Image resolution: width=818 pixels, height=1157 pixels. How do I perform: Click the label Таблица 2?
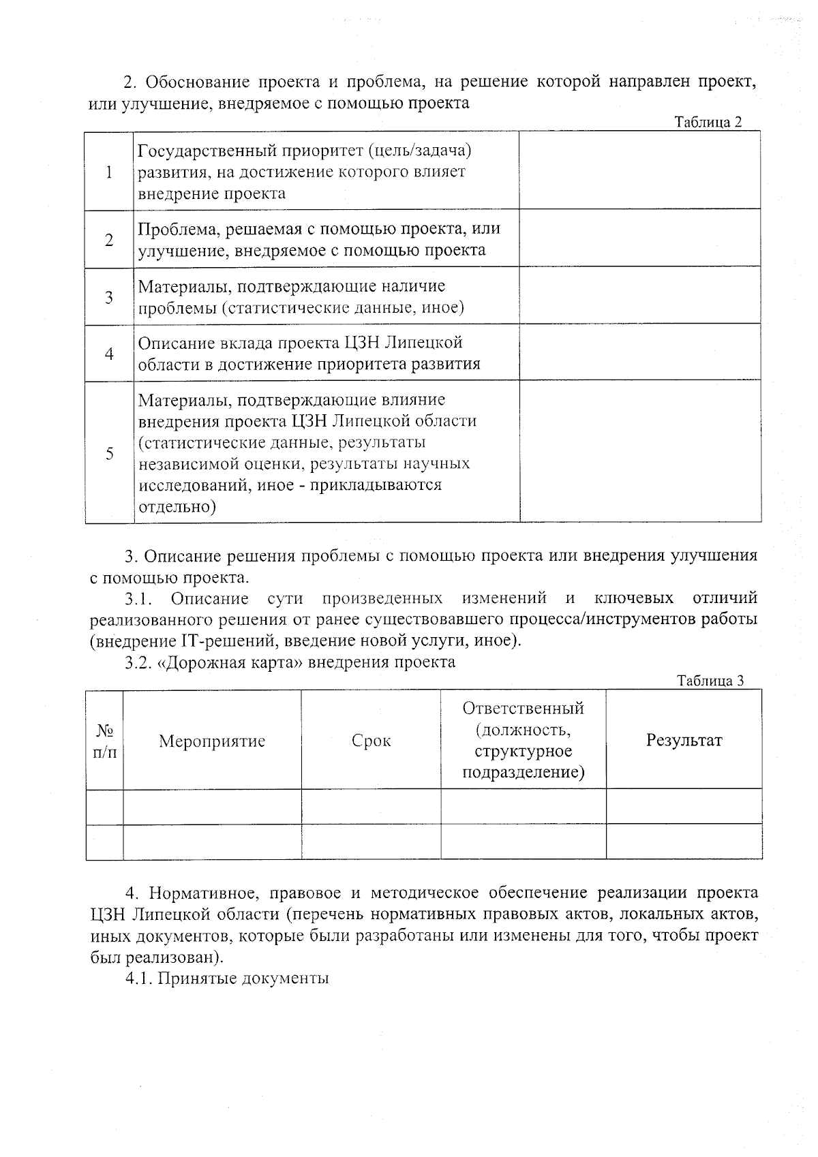coord(708,123)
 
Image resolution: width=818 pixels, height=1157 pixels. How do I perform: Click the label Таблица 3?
coord(709,681)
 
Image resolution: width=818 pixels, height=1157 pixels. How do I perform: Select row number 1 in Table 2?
coord(109,172)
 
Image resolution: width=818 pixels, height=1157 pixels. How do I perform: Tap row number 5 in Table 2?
coord(109,453)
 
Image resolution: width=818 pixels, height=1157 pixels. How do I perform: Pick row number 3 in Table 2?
coord(109,297)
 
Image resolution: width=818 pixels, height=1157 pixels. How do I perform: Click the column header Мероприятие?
coord(212,741)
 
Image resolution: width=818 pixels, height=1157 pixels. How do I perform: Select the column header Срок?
coord(371,741)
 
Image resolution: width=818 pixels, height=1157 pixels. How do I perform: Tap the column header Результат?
coord(684,741)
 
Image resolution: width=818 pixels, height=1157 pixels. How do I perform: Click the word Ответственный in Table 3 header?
coord(523,709)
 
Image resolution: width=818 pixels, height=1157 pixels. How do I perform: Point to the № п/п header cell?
coord(104,741)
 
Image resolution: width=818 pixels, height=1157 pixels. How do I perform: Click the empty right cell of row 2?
coord(639,238)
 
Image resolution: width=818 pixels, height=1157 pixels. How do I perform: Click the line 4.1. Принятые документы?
coord(227,978)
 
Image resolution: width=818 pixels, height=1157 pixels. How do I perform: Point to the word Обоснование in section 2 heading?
coord(198,82)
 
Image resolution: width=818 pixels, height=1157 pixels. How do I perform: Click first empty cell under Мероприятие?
coord(212,807)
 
